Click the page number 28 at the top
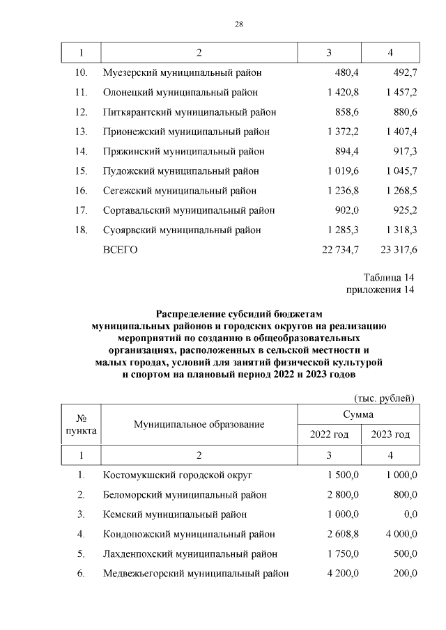coord(238,25)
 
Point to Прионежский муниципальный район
coord(186,132)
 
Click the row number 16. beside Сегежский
coord(81,191)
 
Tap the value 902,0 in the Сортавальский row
coord(346,210)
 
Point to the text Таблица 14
coord(389,278)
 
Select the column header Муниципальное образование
coord(199,424)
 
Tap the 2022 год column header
coord(329,434)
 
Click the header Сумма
coord(358,414)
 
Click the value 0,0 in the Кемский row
coord(410,514)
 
